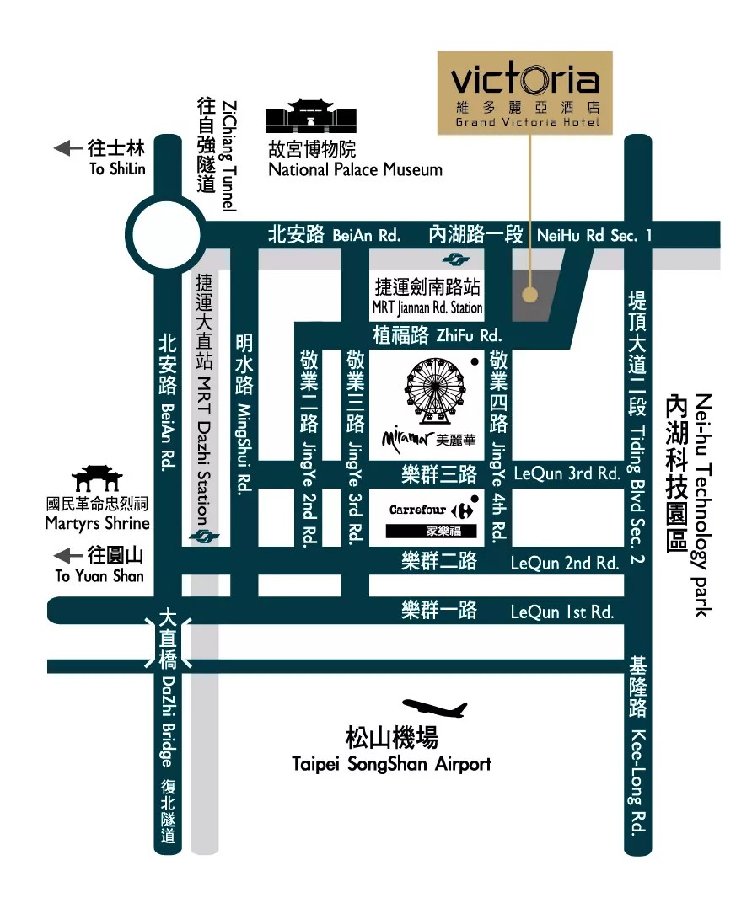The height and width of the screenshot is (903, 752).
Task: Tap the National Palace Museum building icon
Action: coord(306,117)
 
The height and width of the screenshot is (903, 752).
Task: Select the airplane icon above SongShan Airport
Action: coord(435,708)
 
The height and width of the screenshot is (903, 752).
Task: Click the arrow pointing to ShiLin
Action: coord(67,149)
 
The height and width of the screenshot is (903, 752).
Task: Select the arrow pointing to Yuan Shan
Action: coord(67,556)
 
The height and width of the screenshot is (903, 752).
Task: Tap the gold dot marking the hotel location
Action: coord(529,295)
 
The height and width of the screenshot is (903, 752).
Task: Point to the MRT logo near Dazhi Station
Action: coord(201,536)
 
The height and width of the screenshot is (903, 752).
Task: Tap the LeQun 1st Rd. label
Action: coord(562,612)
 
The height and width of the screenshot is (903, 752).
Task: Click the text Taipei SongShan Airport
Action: coord(391,765)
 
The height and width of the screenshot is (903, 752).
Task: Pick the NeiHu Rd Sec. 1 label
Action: coord(594,236)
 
